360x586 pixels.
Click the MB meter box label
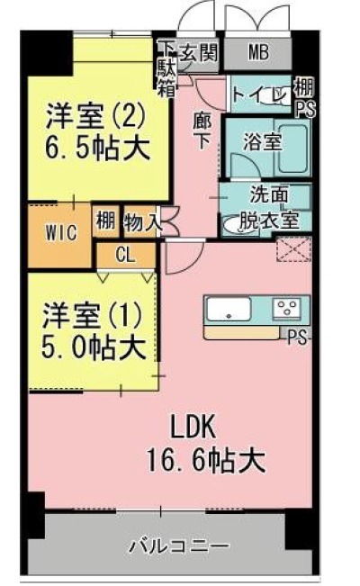point(258,53)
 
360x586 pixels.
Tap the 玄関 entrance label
point(199,51)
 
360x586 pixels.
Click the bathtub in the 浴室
point(292,148)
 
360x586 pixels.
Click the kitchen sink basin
point(229,309)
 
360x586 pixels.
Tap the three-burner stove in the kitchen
point(286,309)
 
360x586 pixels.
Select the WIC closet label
point(61,232)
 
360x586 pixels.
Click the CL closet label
point(125,255)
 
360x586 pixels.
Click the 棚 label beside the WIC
point(106,221)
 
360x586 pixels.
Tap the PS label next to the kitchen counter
point(298,337)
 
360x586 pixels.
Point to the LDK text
point(193,427)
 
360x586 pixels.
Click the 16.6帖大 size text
point(206,460)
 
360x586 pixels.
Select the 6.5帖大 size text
point(98,149)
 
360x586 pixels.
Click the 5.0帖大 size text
point(94,348)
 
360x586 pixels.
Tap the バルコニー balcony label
point(179,546)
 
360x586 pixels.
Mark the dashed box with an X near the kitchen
point(293,249)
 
